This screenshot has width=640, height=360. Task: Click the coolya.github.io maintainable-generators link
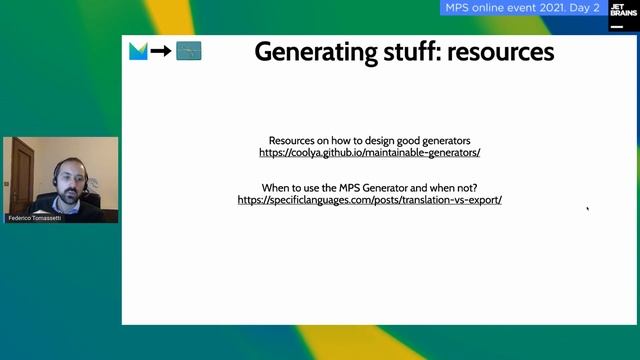(369, 153)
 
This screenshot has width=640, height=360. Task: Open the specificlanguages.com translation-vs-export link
(369, 199)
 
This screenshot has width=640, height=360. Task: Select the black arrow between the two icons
(161, 51)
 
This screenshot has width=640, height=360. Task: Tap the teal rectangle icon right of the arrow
(189, 51)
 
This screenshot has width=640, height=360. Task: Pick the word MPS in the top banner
(455, 8)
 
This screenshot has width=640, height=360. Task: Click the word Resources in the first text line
(296, 141)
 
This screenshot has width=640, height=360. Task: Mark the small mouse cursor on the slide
(588, 209)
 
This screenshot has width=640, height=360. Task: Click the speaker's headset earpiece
(85, 180)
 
